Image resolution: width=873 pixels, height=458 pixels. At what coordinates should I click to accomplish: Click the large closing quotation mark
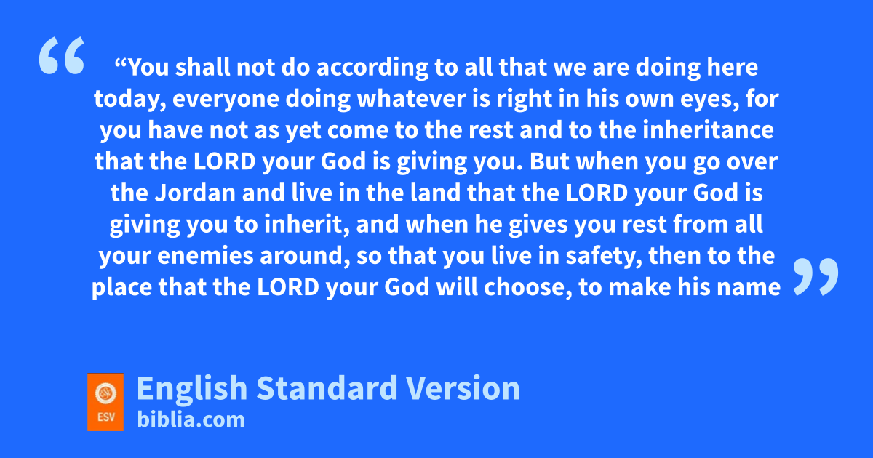click(816, 276)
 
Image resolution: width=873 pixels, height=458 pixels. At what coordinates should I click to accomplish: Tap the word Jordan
click(195, 193)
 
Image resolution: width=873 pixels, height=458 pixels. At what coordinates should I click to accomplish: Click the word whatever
click(412, 99)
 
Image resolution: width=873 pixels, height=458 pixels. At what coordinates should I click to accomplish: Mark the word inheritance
click(708, 129)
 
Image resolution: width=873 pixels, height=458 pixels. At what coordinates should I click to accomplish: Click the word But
click(549, 161)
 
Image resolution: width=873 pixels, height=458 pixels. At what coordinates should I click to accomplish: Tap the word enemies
click(205, 256)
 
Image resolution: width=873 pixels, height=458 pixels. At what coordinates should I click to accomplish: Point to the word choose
click(528, 287)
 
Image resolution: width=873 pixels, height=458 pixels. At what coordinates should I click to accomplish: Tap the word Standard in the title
click(327, 388)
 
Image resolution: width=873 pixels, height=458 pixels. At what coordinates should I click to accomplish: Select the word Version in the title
click(463, 388)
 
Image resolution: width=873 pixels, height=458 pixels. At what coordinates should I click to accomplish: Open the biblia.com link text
click(191, 419)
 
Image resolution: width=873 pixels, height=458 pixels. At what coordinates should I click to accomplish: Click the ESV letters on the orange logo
click(106, 417)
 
